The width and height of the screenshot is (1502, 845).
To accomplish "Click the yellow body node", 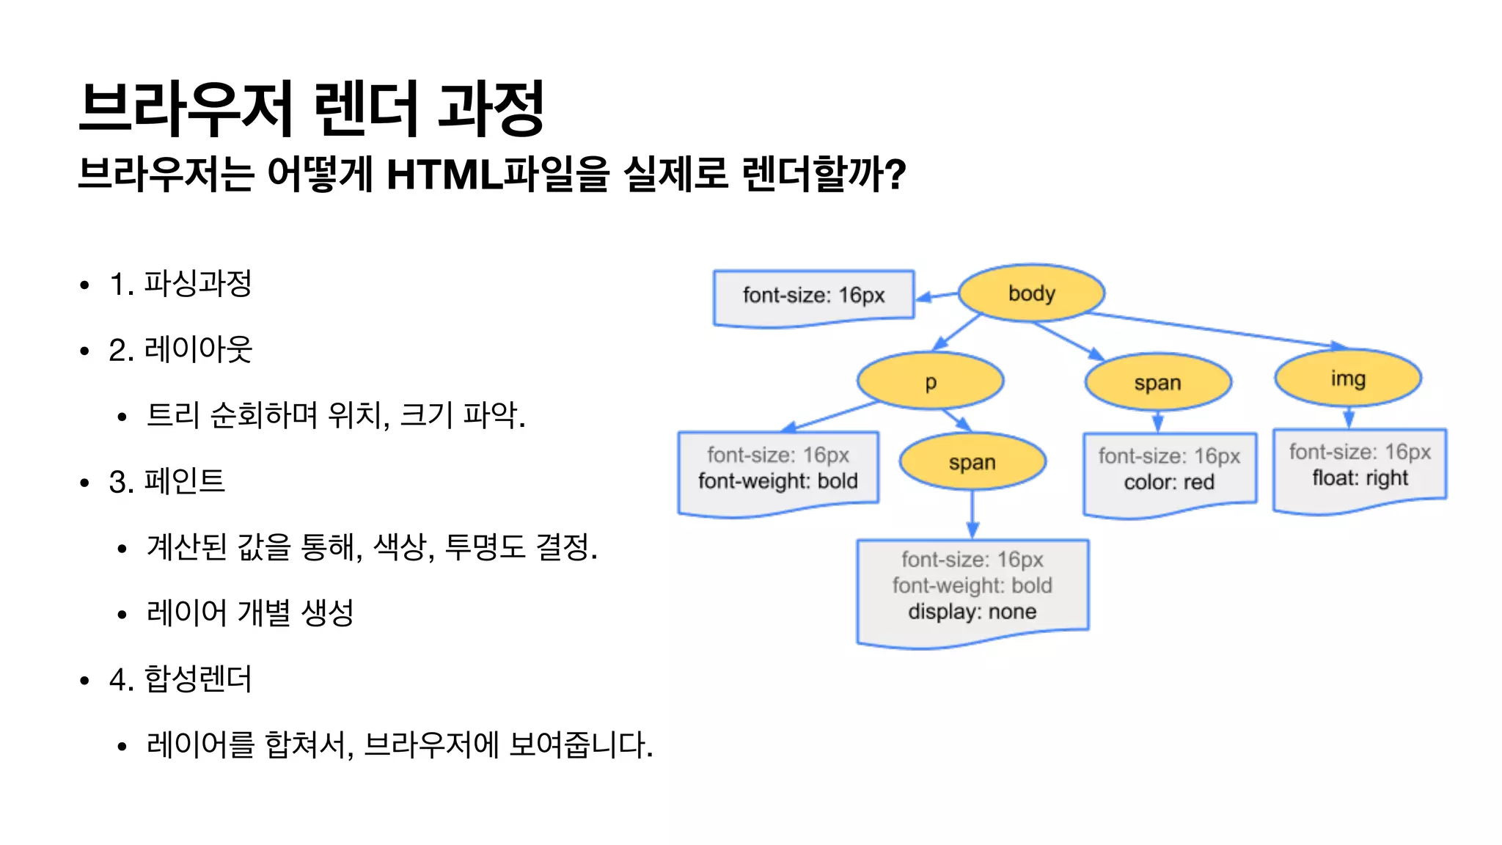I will click(1031, 293).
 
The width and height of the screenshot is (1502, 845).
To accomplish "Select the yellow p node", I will click(930, 381).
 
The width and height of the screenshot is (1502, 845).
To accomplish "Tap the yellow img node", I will click(1348, 378).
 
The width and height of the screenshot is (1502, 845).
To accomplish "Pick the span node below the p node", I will click(972, 462).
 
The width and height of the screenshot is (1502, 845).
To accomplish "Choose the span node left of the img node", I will click(1157, 382).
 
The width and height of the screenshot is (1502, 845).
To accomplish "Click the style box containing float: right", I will click(1360, 469).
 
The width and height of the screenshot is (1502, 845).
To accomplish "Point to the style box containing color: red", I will click(1169, 473).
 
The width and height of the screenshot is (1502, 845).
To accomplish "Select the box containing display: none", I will click(972, 591).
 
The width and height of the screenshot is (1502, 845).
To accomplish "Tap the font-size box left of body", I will click(813, 296).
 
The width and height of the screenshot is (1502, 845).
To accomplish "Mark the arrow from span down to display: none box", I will click(972, 513).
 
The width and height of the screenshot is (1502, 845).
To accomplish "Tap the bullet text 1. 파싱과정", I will click(180, 284).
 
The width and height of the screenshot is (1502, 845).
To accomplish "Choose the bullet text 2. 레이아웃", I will click(180, 350).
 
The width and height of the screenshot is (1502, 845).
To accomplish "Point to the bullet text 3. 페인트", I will click(166, 482).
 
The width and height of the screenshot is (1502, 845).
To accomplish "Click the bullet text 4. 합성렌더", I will click(180, 679).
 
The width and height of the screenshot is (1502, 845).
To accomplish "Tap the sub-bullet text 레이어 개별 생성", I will click(250, 613).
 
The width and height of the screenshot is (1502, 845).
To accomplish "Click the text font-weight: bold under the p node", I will click(777, 481).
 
